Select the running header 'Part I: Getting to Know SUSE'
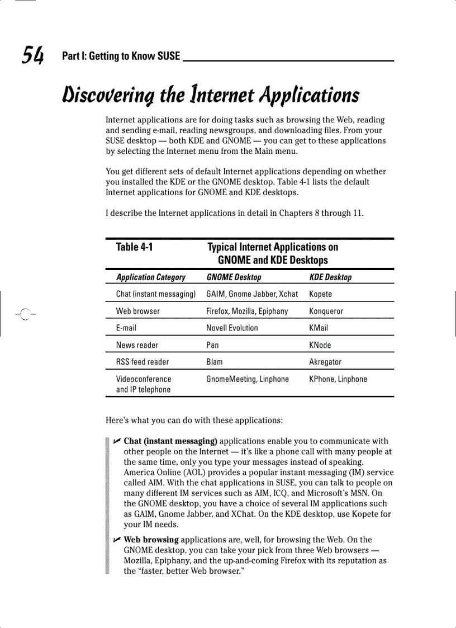[x=121, y=56]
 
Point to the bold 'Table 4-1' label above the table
[x=134, y=247]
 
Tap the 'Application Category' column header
[x=150, y=277]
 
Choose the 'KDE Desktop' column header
[x=330, y=277]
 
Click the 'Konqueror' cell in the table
[x=326, y=311]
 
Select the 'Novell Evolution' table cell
[x=232, y=328]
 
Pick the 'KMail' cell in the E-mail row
[x=319, y=328]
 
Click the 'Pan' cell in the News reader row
[x=212, y=345]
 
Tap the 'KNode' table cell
[x=320, y=345]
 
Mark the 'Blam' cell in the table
[x=214, y=362]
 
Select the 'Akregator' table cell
[x=325, y=362]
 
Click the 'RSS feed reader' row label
[x=142, y=362]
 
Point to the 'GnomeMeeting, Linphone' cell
[x=248, y=379]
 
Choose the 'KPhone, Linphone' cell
[x=338, y=379]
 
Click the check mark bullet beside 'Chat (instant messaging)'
[x=116, y=442]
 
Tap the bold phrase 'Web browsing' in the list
[x=151, y=540]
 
